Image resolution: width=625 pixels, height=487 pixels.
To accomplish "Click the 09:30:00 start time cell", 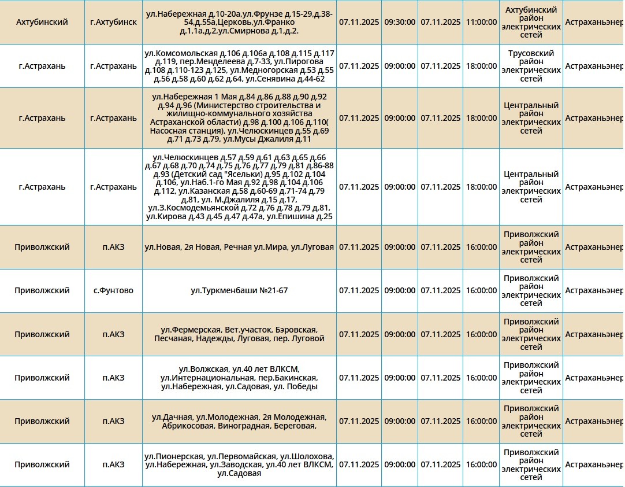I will pyautogui.click(x=400, y=22).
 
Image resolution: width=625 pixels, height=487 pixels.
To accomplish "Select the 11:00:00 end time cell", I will pyautogui.click(x=481, y=22).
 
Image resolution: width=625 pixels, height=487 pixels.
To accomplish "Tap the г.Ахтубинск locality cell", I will pyautogui.click(x=113, y=22).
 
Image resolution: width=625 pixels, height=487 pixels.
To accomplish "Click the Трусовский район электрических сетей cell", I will pyautogui.click(x=531, y=66).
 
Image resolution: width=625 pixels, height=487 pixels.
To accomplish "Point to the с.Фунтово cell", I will pyautogui.click(x=113, y=290).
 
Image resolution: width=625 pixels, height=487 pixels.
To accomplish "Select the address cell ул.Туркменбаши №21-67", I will pyautogui.click(x=239, y=290).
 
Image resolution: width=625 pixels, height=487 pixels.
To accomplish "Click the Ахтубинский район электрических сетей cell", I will pyautogui.click(x=531, y=22).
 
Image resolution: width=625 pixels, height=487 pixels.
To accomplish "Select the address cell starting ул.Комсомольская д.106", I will pyautogui.click(x=239, y=66).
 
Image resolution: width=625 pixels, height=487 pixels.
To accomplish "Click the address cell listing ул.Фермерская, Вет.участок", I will pyautogui.click(x=239, y=334).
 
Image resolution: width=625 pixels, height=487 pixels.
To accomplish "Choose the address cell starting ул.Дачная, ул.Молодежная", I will pyautogui.click(x=239, y=421).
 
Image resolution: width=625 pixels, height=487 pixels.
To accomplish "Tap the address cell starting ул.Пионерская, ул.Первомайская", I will pyautogui.click(x=239, y=464).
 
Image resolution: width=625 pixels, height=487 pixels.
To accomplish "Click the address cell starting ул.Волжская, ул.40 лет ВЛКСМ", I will pyautogui.click(x=239, y=378).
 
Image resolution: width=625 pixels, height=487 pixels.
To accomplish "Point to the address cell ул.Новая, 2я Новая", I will pyautogui.click(x=239, y=247).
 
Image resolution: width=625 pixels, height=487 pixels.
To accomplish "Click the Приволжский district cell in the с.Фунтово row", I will pyautogui.click(x=42, y=290).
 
